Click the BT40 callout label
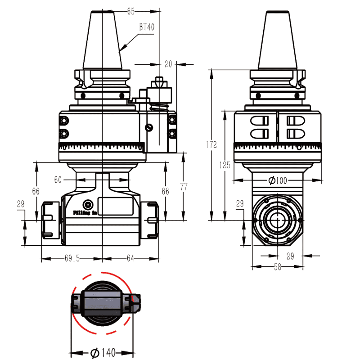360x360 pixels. pos(147,27)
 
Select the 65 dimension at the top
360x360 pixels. pos(131,11)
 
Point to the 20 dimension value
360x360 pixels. pos(168,64)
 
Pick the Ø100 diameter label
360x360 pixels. pos(277,181)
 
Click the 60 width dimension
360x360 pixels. pos(58,180)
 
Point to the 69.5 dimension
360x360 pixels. pos(72,258)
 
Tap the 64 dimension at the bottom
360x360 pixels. pos(131,258)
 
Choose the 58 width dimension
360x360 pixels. pos(277,267)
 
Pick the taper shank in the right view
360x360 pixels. pos(277,40)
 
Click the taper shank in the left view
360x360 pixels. pos(103,40)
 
